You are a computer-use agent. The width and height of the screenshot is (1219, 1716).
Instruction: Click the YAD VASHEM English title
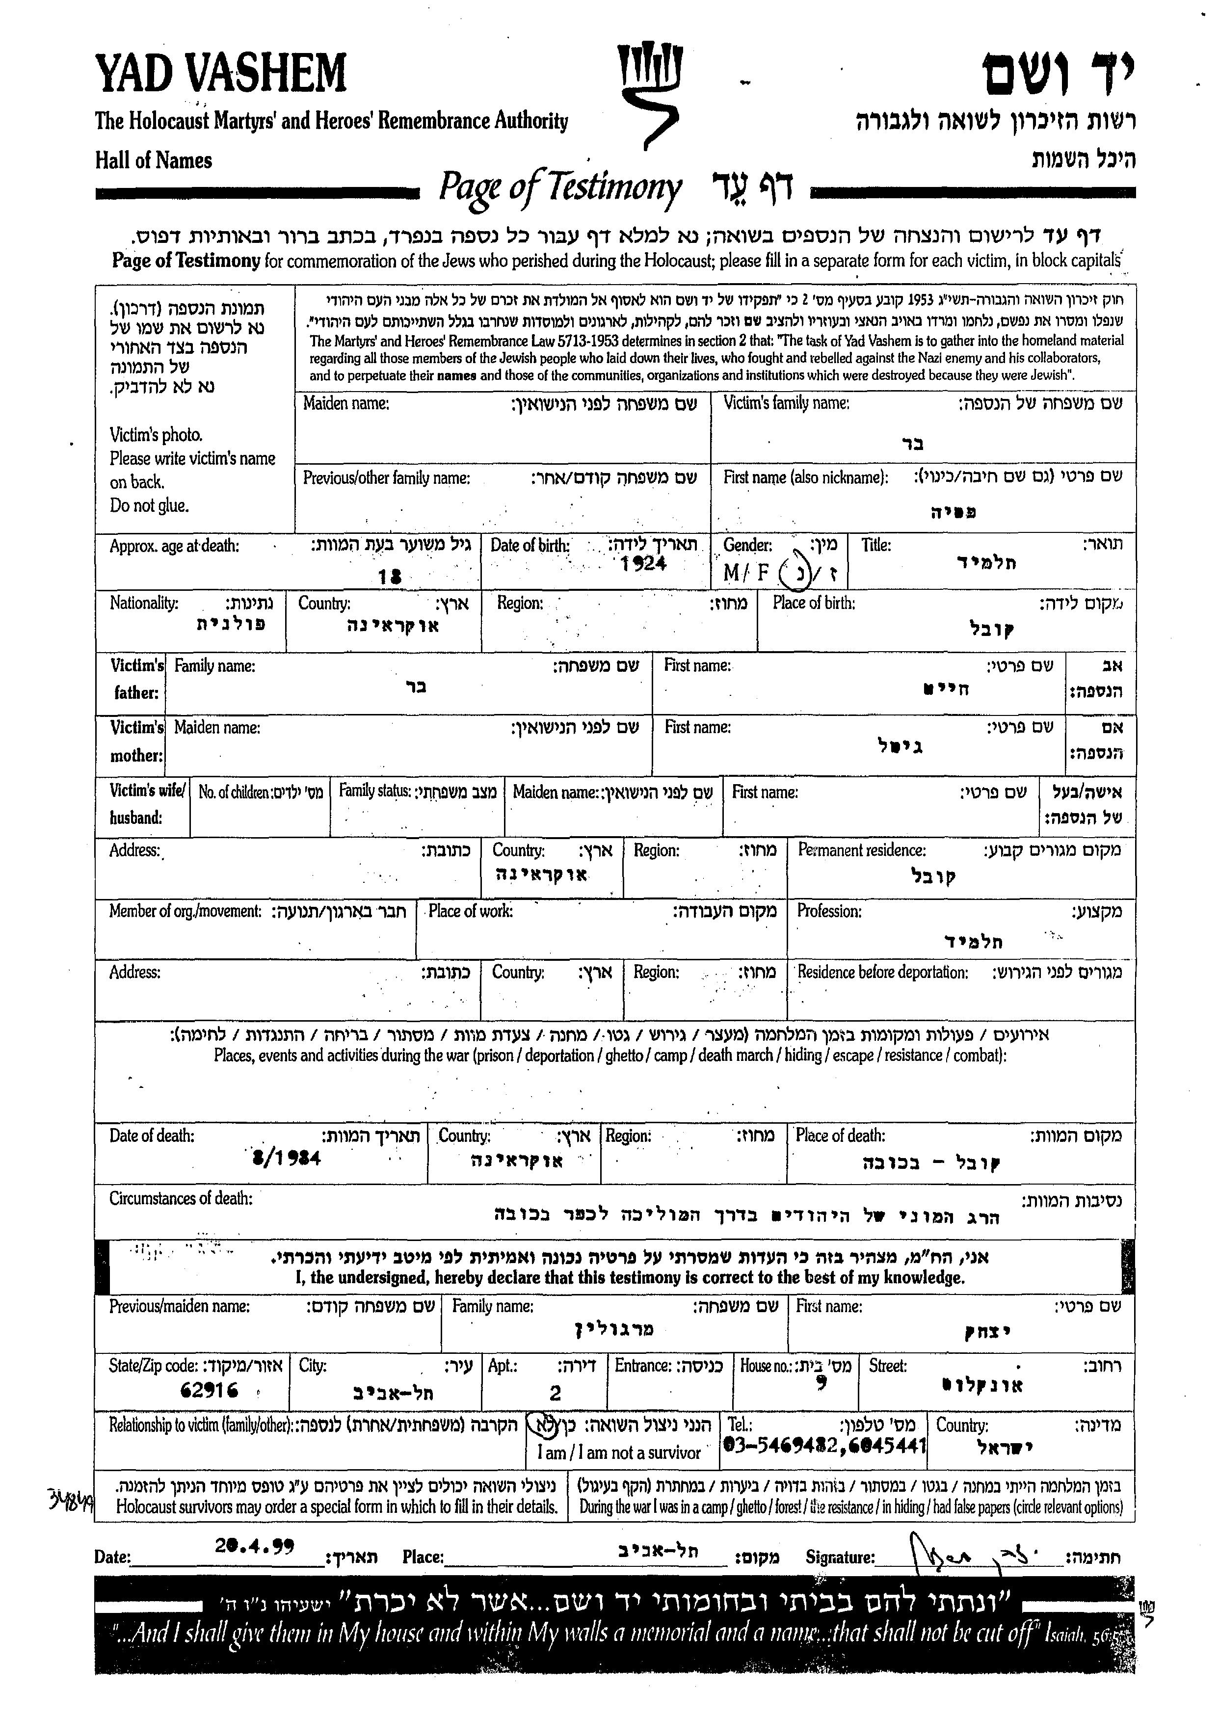click(x=221, y=74)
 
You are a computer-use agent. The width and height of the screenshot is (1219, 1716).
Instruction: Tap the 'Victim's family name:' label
click(x=786, y=403)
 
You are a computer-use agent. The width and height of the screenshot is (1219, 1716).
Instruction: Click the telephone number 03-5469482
click(x=781, y=1446)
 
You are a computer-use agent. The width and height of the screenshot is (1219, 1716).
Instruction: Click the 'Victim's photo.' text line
click(x=156, y=435)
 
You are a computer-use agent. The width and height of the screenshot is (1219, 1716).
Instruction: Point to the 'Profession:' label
click(x=829, y=911)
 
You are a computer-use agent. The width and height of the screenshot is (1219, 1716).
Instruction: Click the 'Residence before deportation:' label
click(x=882, y=972)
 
